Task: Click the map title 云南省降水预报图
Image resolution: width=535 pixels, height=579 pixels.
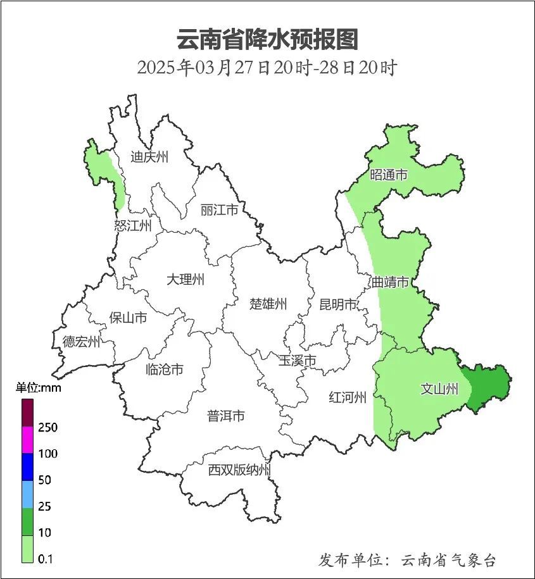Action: click(x=267, y=39)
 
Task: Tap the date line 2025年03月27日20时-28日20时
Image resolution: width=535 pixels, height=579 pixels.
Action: click(x=267, y=68)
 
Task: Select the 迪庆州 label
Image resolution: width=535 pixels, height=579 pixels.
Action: click(x=149, y=157)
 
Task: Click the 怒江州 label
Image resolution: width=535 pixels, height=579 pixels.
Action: click(x=133, y=225)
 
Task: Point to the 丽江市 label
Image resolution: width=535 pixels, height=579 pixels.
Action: click(x=219, y=209)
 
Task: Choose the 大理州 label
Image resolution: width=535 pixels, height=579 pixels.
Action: click(x=186, y=279)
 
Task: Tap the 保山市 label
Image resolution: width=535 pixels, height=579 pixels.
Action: click(x=128, y=317)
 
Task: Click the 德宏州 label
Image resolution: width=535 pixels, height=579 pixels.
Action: click(x=81, y=342)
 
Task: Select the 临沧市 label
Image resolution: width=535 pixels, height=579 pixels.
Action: click(x=164, y=369)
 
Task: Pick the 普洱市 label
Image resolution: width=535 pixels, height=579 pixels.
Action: click(x=226, y=416)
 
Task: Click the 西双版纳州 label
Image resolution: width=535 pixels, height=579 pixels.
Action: click(x=240, y=470)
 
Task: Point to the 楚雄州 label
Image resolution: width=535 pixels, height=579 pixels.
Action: click(x=268, y=304)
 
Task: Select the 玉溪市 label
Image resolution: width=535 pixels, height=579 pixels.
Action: click(x=298, y=361)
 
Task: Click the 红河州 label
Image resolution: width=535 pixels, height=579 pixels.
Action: click(x=348, y=397)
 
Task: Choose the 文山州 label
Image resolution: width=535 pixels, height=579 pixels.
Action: click(x=439, y=389)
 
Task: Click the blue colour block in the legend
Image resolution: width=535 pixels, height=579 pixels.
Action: click(x=28, y=467)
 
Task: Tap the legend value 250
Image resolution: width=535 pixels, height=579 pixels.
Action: click(x=47, y=427)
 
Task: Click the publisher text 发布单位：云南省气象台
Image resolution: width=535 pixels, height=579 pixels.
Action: click(x=407, y=560)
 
